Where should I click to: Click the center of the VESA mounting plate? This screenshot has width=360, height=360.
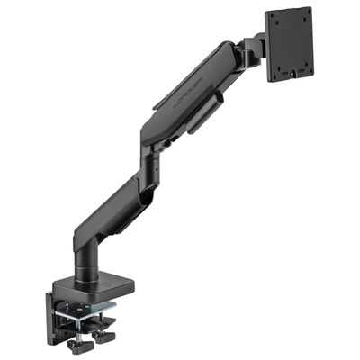291,45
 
